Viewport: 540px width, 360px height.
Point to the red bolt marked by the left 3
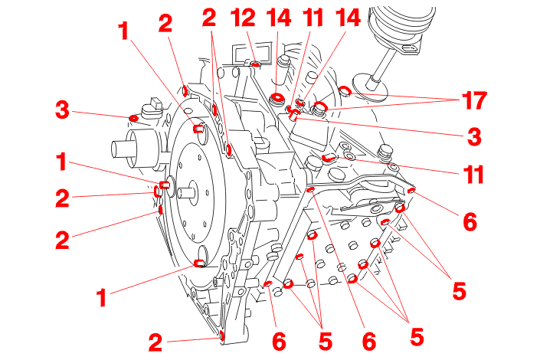pyautogui.click(x=134, y=118)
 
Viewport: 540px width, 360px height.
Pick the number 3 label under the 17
pyautogui.click(x=474, y=138)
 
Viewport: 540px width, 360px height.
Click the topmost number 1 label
pyautogui.click(x=123, y=31)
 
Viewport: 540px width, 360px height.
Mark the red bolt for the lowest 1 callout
pyautogui.click(x=199, y=263)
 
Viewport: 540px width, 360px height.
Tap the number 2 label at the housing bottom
pyautogui.click(x=155, y=342)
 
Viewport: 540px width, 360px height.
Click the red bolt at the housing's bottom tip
pyautogui.click(x=221, y=335)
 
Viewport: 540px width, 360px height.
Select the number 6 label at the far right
pyautogui.click(x=469, y=222)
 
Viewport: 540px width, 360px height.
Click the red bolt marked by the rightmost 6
pyautogui.click(x=411, y=190)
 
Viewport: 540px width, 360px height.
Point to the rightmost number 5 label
pyautogui.click(x=459, y=290)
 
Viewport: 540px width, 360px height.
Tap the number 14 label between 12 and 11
pyautogui.click(x=277, y=18)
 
